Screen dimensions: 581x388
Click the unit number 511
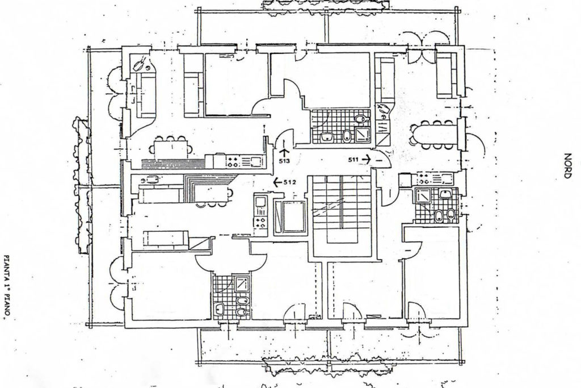(x=353, y=160)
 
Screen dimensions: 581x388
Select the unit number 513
(x=285, y=161)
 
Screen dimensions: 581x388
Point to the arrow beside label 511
(x=366, y=159)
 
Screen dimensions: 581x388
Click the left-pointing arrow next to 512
(x=277, y=182)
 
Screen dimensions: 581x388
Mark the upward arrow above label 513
(x=284, y=152)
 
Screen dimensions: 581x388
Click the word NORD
(x=567, y=166)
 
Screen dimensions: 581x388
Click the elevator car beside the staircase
(x=290, y=217)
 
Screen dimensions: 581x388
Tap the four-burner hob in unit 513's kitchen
(x=233, y=161)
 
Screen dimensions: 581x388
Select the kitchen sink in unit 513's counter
(x=255, y=161)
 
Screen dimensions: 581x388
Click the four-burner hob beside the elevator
(x=260, y=222)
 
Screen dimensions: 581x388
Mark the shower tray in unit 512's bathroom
(x=243, y=285)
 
